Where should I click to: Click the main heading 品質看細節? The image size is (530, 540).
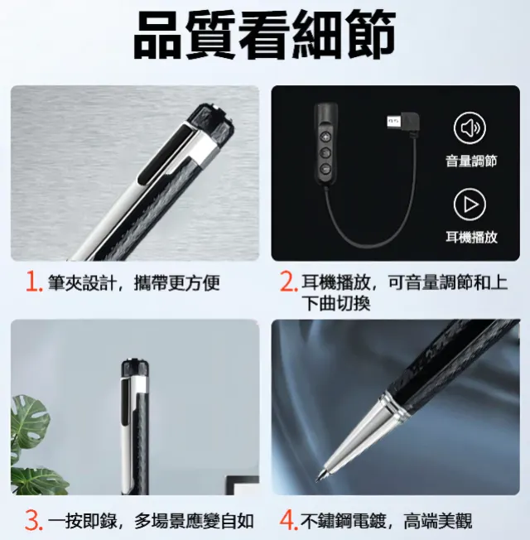click(264, 35)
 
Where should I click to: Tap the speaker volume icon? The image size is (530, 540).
click(470, 128)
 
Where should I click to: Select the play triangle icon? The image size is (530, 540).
click(470, 205)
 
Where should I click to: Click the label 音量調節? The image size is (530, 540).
click(471, 161)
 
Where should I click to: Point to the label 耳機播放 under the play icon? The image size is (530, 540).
click(471, 237)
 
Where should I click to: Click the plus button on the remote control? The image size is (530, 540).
click(325, 137)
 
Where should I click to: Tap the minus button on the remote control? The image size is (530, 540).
click(325, 169)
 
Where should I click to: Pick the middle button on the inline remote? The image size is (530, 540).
click(325, 153)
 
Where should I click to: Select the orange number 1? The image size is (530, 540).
click(34, 282)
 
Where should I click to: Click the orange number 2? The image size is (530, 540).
click(288, 282)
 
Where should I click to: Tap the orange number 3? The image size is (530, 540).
click(34, 521)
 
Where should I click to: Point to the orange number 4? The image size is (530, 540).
click(288, 521)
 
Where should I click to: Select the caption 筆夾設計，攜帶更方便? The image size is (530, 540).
click(133, 282)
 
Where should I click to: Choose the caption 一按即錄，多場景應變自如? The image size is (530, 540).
click(151, 521)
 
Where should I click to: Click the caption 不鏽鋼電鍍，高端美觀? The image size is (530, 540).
click(387, 521)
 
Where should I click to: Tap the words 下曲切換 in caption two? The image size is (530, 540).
click(336, 303)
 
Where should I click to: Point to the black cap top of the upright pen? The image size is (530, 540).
click(135, 368)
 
